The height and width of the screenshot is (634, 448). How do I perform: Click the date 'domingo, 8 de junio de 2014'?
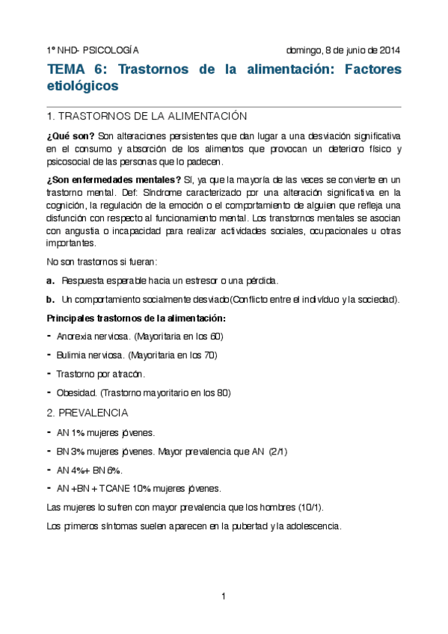(x=343, y=51)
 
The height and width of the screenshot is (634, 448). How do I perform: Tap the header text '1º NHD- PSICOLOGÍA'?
(x=93, y=51)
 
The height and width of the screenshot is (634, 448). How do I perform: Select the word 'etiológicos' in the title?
(x=82, y=86)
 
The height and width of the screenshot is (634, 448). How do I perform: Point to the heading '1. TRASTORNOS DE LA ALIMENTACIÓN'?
(x=147, y=117)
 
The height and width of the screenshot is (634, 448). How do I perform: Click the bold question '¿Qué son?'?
(x=70, y=136)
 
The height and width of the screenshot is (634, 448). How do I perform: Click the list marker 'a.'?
(x=51, y=281)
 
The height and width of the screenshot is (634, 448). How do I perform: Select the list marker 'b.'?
(x=51, y=300)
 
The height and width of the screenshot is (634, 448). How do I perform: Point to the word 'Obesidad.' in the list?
(x=76, y=393)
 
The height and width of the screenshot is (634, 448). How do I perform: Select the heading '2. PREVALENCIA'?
(x=87, y=413)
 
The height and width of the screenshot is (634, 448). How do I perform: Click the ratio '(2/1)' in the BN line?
(x=277, y=452)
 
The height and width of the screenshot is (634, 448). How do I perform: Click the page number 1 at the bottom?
(x=224, y=596)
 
